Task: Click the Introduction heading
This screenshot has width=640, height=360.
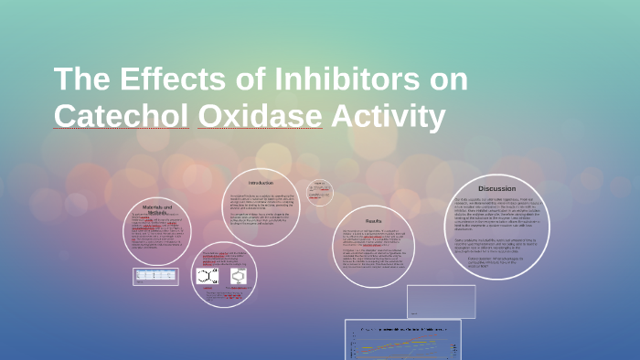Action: click(x=261, y=183)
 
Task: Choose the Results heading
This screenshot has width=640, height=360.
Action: click(x=374, y=221)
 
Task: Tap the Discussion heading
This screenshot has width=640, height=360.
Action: click(x=496, y=188)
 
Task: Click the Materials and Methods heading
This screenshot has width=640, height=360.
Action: click(x=156, y=210)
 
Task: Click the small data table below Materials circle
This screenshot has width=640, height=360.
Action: click(x=156, y=274)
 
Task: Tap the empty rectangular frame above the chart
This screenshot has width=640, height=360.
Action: click(x=441, y=301)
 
